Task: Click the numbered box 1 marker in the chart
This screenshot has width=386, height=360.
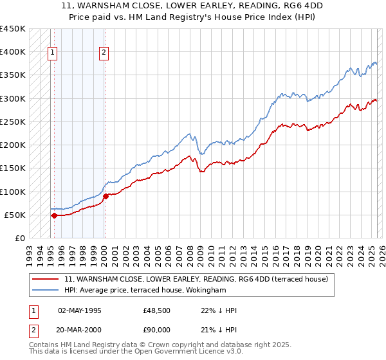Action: [52, 53]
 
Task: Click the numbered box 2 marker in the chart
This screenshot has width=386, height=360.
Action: [104, 53]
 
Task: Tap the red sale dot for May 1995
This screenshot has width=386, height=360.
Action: [54, 215]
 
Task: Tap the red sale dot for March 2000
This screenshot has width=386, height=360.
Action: [106, 196]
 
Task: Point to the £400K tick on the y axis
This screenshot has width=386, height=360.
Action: [13, 52]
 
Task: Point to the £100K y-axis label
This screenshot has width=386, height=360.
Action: [13, 192]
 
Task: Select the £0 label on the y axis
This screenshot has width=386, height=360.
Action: [20, 239]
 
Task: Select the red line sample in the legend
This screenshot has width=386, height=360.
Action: [46, 279]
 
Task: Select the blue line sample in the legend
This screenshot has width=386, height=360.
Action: [46, 291]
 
